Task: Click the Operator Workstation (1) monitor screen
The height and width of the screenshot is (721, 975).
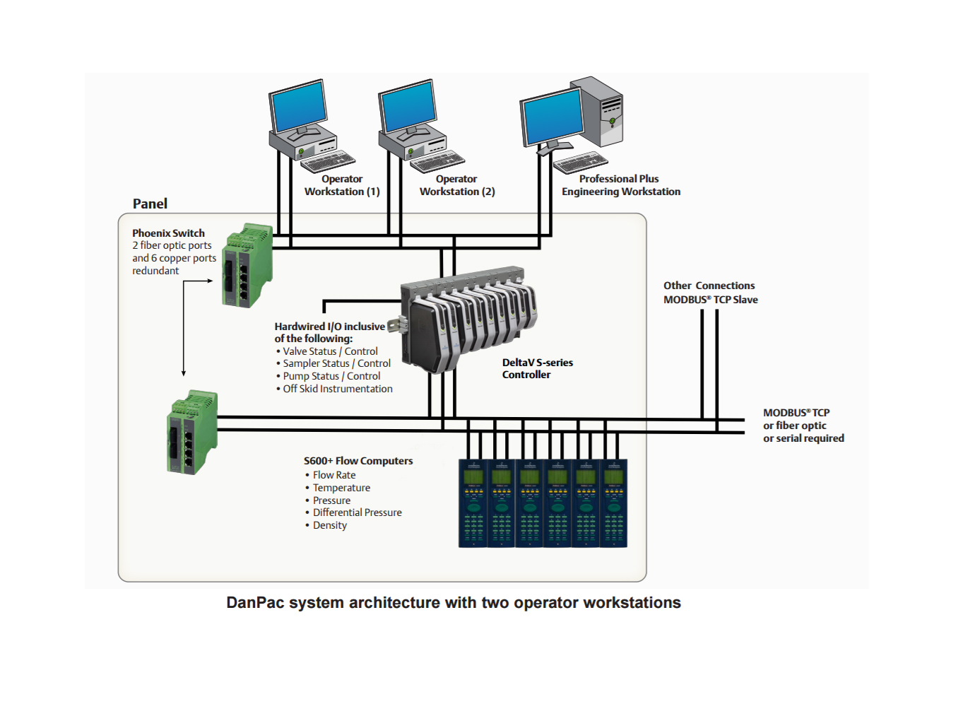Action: point(298,106)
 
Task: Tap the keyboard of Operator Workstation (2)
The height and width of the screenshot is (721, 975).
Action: point(437,161)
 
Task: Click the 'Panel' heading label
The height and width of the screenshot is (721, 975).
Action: point(150,204)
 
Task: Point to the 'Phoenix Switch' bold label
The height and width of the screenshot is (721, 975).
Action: point(168,233)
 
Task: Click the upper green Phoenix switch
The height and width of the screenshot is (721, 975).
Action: point(247,265)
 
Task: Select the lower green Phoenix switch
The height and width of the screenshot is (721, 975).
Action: point(192,432)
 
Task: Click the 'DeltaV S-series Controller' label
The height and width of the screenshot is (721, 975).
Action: point(537,369)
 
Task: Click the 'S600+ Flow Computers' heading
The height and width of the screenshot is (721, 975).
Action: point(358,461)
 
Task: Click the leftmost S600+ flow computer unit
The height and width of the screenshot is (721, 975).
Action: point(473,503)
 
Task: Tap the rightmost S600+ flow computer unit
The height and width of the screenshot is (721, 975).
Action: point(614,503)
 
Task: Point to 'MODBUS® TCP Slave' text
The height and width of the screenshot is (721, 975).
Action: point(710,300)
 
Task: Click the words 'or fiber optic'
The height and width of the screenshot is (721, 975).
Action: point(795,426)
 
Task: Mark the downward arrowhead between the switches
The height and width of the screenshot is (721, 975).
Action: point(184,373)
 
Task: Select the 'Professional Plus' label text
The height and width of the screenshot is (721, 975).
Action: point(619,179)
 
